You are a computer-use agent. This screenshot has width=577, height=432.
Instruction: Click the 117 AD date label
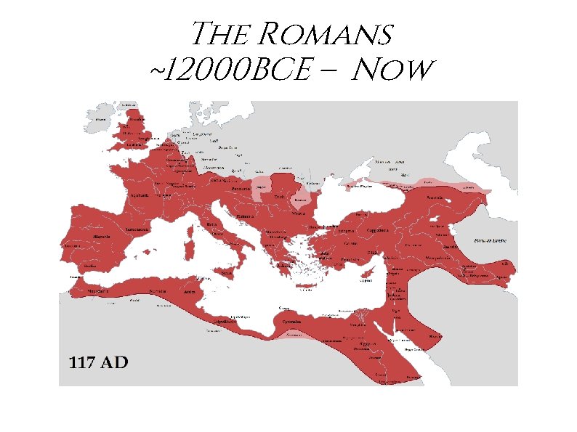point(98,362)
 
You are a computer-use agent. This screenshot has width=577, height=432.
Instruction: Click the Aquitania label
point(139,195)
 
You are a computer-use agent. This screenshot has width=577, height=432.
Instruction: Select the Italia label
point(212,224)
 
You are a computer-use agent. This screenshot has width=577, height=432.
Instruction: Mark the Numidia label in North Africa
point(158,291)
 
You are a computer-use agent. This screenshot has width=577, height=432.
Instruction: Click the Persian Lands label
point(489,240)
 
